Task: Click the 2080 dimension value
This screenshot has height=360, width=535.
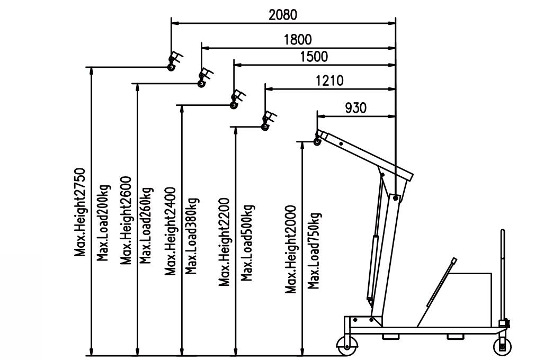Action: (282, 14)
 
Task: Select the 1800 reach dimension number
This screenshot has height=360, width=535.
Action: (297, 39)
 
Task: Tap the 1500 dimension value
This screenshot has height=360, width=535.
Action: (313, 57)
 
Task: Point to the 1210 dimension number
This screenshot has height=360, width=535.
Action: (329, 80)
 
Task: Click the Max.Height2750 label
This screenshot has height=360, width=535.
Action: (80, 212)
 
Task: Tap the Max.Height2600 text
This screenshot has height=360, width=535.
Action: (126, 220)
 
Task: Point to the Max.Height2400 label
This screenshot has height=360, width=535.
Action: (170, 233)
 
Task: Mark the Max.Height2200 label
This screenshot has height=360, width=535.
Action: (224, 241)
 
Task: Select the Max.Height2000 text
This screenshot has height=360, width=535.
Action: (290, 249)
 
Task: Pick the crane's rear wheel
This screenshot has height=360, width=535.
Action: (502, 347)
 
